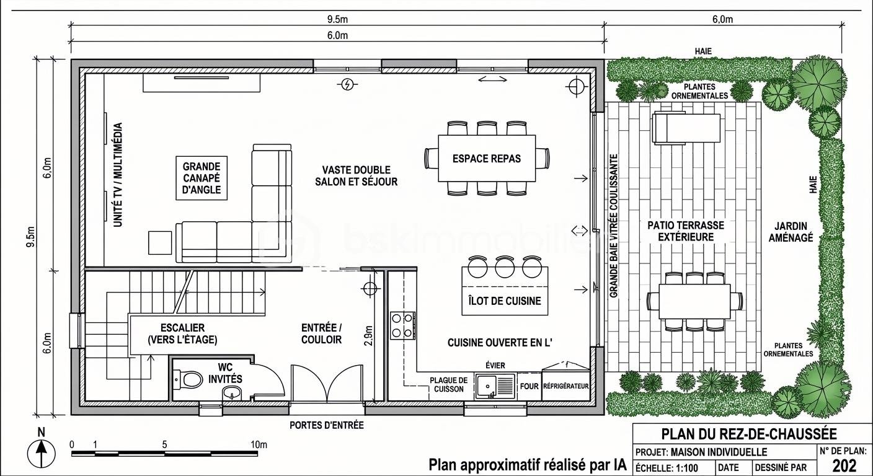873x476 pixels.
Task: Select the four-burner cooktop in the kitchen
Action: pos(402,325)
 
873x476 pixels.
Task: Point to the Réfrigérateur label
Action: pos(566,386)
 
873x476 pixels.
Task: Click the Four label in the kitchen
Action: pos(530,386)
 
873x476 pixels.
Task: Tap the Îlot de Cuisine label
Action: pos(505,301)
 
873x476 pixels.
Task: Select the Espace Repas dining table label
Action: pos(487,159)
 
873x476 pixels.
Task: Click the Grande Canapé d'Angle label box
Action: pos(202,178)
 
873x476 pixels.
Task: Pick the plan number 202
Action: pos(844,465)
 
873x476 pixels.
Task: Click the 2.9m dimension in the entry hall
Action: pos(369,335)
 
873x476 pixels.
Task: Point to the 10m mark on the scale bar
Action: pos(259,444)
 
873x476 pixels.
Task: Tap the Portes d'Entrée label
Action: pos(327,425)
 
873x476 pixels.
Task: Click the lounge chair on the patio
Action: pos(686,128)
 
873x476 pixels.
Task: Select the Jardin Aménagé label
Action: pos(791,232)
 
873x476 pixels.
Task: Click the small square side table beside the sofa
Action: pos(160,243)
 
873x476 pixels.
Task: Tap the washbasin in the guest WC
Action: pos(233,393)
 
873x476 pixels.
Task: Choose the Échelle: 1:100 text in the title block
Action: pos(672,468)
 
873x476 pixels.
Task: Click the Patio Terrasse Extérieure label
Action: pos(686,231)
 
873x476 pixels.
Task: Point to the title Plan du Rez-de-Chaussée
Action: pos(749,433)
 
